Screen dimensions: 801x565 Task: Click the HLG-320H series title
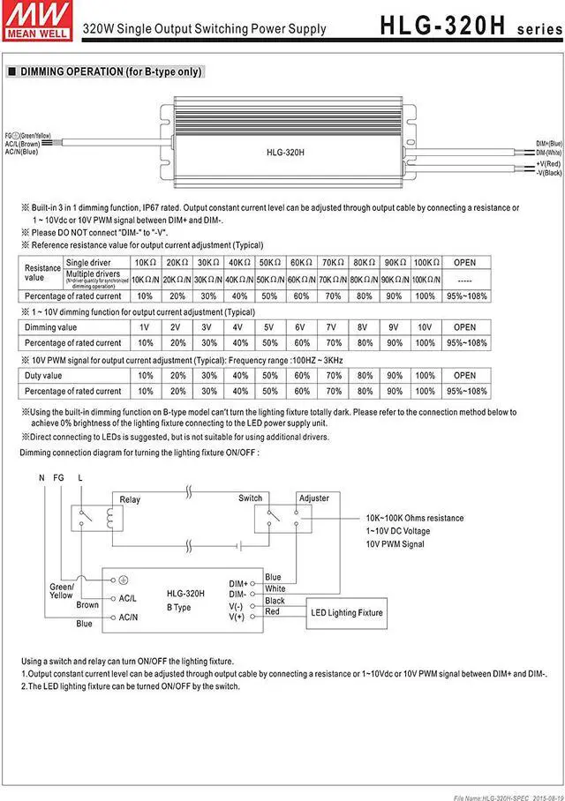point(471,26)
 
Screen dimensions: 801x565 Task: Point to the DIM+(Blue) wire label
point(549,143)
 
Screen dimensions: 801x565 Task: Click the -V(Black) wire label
point(548,173)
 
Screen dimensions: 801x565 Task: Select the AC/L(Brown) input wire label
point(22,143)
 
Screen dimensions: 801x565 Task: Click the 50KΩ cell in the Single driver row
point(268,263)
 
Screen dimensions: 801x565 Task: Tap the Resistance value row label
point(41,272)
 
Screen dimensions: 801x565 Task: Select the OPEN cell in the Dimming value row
point(465,327)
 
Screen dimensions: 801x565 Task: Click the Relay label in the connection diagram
point(130,499)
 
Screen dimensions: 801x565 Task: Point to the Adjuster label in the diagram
point(313,498)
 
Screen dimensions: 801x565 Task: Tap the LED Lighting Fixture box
point(346,612)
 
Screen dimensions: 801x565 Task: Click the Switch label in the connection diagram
point(251,498)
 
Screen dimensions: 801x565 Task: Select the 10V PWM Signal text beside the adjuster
point(395,544)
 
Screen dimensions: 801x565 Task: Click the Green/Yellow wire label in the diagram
point(61,591)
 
